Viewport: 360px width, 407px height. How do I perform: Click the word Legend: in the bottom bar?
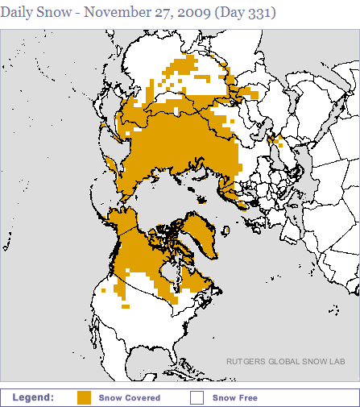click(33, 397)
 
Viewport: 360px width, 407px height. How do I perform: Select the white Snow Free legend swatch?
click(197, 397)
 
